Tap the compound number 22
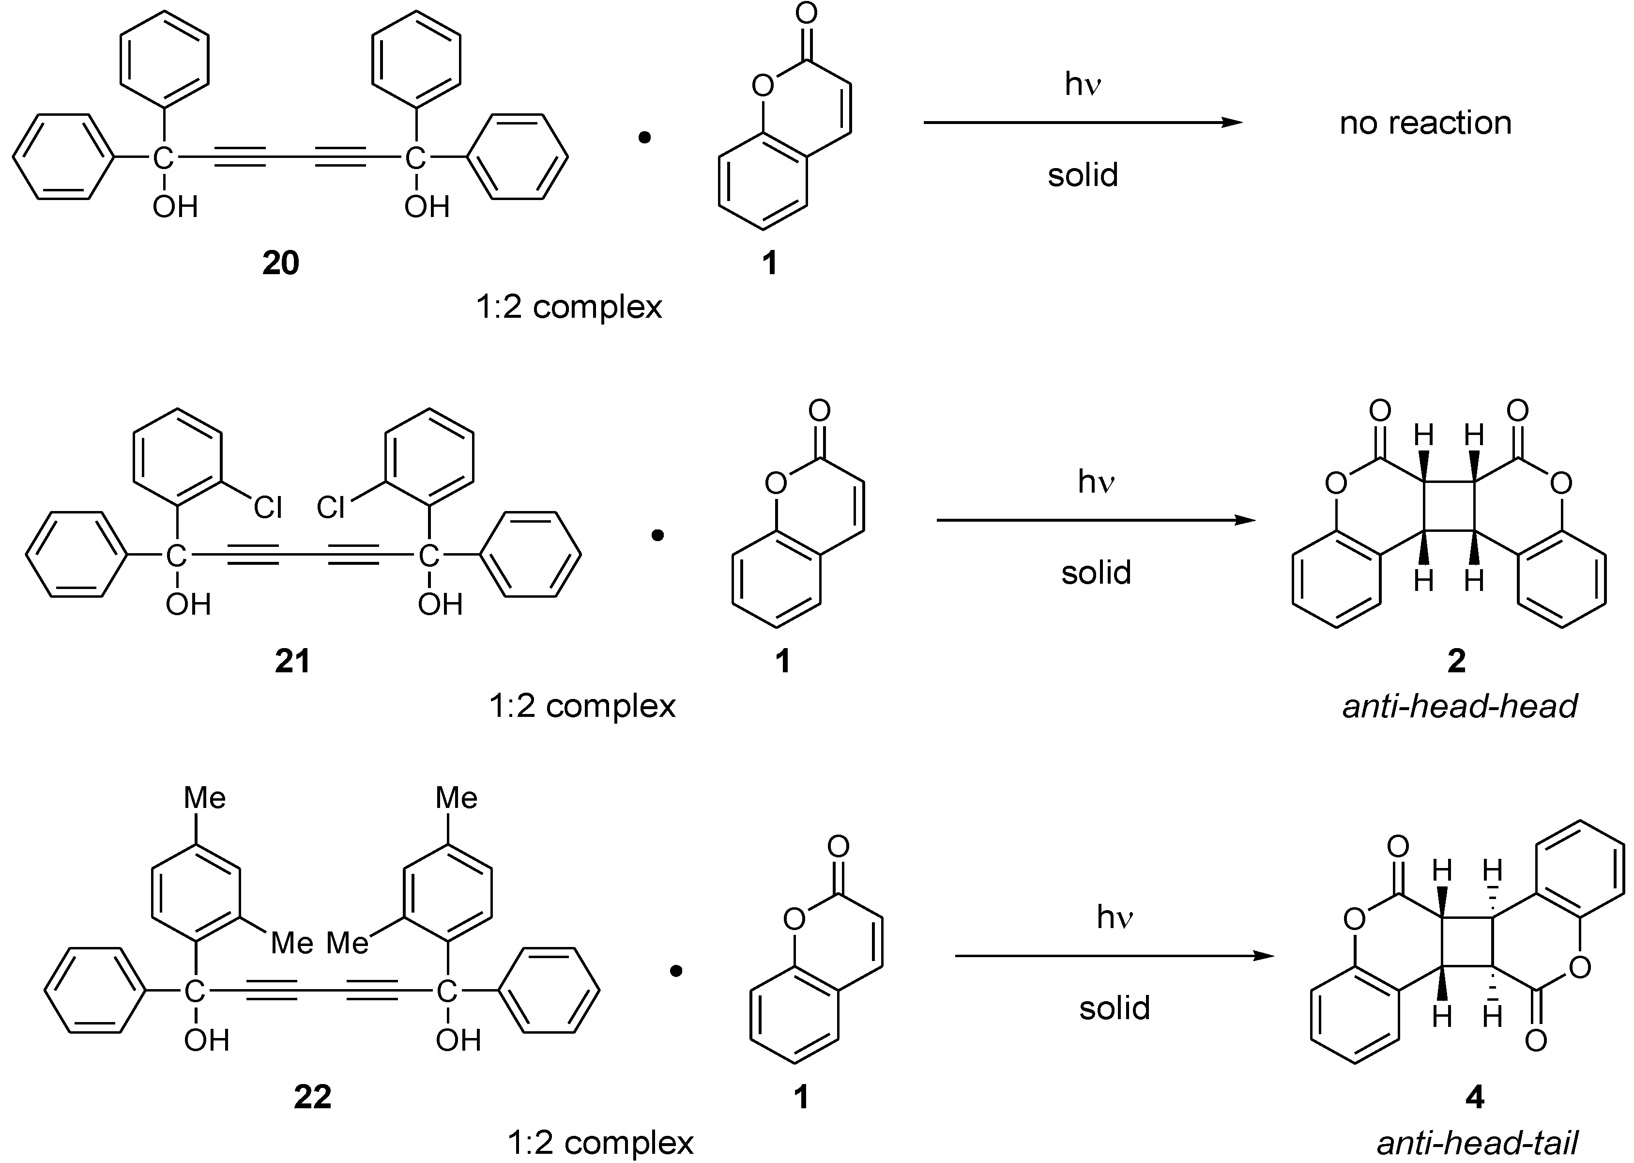click(x=312, y=1097)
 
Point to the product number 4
click(x=1474, y=1097)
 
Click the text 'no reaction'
click(x=1425, y=123)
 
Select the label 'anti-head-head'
click(x=1459, y=707)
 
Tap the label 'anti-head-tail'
click(x=1477, y=1143)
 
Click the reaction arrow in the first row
click(x=1082, y=123)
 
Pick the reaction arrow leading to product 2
click(x=1095, y=520)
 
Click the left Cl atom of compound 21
click(x=268, y=507)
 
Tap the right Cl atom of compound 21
click(x=331, y=507)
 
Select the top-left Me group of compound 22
click(x=205, y=798)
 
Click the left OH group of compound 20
click(x=175, y=207)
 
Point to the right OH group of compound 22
click(x=458, y=1040)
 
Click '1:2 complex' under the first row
click(x=569, y=307)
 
